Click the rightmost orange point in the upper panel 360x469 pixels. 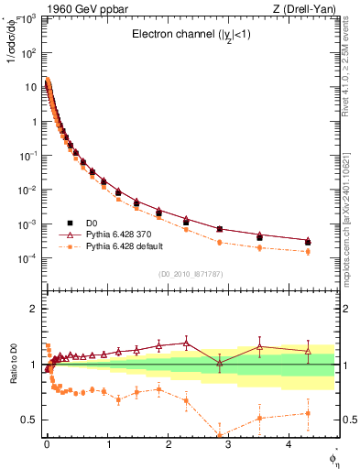(x=308, y=251)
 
